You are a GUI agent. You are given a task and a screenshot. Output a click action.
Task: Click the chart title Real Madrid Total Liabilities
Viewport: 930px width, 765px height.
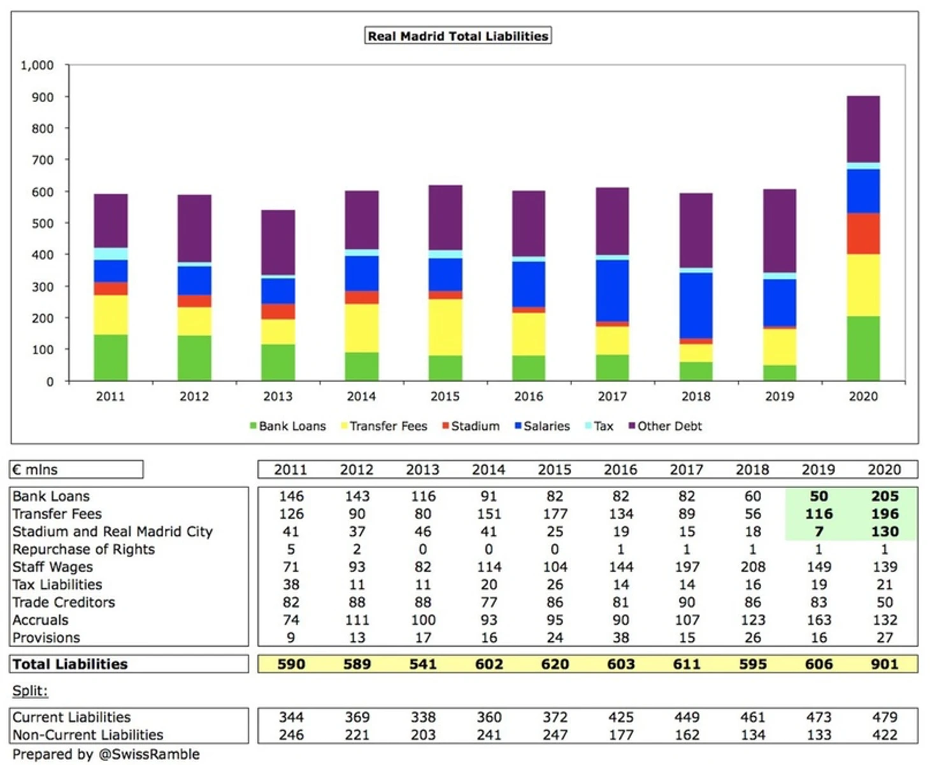[458, 36]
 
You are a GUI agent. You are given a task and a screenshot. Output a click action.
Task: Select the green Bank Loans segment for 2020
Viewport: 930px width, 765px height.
[863, 348]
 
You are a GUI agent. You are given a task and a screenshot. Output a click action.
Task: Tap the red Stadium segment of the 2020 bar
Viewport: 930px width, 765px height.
[863, 234]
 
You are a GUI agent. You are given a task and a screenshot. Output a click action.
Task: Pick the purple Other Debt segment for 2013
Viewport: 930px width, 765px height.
[278, 243]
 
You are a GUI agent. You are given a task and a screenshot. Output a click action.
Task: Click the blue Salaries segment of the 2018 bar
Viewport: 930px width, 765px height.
[696, 306]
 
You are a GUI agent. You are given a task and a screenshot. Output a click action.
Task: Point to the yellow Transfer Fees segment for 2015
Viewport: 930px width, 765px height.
[445, 327]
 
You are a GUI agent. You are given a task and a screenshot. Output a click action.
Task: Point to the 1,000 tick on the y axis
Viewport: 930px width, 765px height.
[37, 66]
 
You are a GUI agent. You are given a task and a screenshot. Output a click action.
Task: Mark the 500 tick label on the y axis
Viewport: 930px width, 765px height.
[41, 224]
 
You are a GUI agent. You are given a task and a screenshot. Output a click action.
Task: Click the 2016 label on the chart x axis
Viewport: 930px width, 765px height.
[528, 396]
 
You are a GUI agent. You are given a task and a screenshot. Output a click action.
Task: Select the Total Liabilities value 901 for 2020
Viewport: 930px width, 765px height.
[884, 664]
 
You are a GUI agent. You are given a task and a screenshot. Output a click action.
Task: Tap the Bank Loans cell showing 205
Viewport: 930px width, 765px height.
[885, 496]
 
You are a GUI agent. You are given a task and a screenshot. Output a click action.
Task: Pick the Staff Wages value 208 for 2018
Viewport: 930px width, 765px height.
[752, 567]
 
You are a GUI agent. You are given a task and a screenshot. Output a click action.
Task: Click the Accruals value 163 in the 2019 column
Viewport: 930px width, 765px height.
[819, 620]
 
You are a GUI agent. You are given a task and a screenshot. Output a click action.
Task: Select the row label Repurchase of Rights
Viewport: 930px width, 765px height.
[83, 549]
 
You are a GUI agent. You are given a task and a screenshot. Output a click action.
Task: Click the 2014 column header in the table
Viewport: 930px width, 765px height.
[489, 470]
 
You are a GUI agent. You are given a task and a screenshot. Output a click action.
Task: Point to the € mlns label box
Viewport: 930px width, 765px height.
[76, 470]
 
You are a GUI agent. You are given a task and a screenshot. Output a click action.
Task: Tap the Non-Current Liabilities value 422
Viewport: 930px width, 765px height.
[885, 734]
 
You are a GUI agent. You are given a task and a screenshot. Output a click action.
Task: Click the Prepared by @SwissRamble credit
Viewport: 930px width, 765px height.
[106, 755]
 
